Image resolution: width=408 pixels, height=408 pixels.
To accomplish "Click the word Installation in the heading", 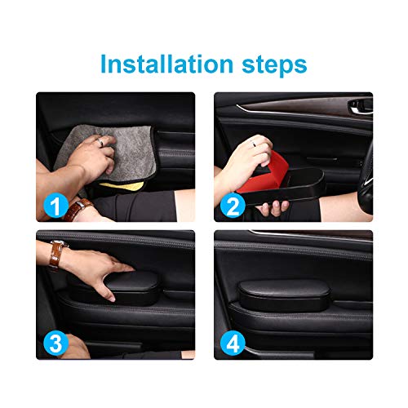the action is coord(166,64).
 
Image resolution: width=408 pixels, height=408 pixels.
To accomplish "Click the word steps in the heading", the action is coord(274,65).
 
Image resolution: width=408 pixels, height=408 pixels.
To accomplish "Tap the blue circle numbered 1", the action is coord(55,206).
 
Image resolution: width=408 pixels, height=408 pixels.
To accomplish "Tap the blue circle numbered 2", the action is coord(233,206).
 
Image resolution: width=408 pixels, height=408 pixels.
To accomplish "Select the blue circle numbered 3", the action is coord(56,344).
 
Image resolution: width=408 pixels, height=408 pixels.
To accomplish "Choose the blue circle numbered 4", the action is coord(233,344).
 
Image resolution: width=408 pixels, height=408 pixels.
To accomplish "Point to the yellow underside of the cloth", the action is coord(123,186).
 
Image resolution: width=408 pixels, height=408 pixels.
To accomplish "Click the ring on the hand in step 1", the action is coord(101,142).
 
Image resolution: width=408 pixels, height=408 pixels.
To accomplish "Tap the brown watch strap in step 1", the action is coord(77,208).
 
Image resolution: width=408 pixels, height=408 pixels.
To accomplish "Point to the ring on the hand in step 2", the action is coord(254,144).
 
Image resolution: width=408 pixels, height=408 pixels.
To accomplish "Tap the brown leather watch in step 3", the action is coord(56,254).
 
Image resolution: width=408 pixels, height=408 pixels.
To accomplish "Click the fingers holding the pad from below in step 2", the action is coord(273,207).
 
